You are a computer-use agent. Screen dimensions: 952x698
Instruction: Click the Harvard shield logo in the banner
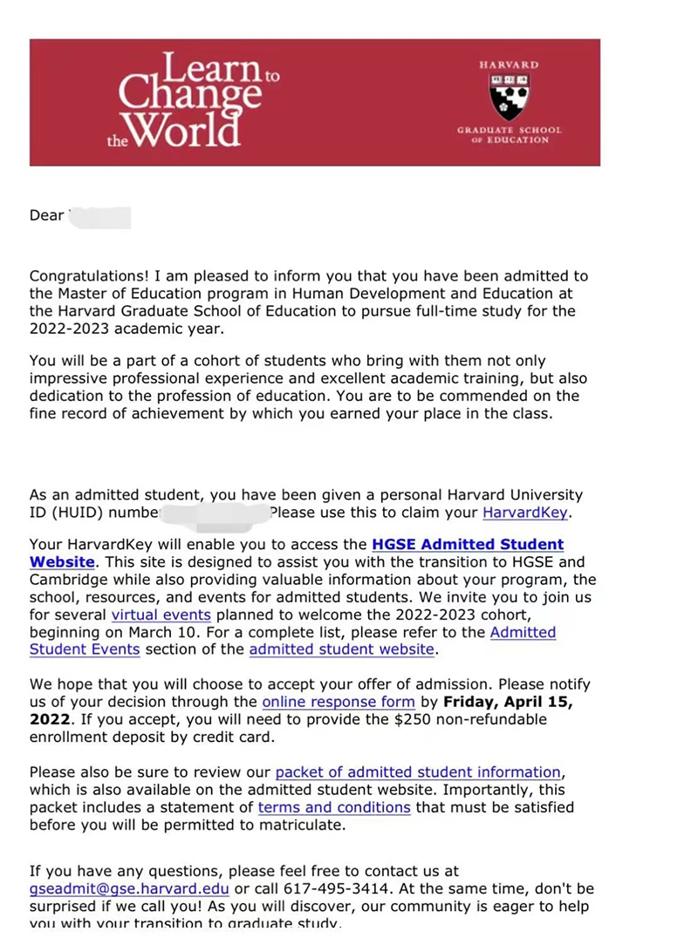point(510,97)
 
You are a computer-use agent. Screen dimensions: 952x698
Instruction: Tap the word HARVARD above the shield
point(510,65)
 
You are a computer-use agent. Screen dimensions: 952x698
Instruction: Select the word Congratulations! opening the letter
point(85,276)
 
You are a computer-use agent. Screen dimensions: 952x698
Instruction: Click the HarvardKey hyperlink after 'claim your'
point(525,513)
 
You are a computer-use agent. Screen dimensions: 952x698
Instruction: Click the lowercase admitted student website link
point(341,649)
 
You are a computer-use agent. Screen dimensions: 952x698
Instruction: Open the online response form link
point(339,702)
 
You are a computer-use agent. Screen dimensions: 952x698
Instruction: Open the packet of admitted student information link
point(418,772)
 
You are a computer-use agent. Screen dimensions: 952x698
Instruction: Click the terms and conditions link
point(334,807)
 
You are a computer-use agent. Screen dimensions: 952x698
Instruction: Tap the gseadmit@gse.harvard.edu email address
point(129,889)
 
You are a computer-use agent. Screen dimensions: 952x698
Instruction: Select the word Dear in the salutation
point(46,215)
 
